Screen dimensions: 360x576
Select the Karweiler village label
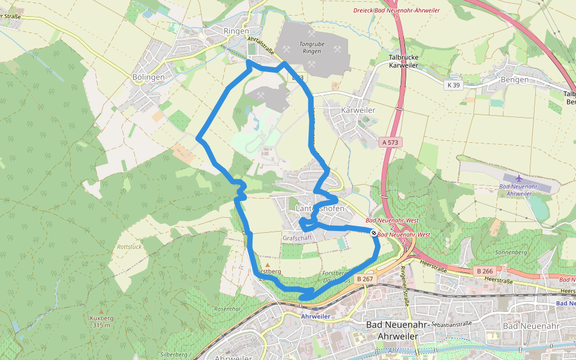358,110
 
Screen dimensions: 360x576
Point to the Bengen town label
515,80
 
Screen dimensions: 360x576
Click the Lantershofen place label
320,208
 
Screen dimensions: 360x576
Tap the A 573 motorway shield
391,142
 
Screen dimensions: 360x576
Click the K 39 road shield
454,85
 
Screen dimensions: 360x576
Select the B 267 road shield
365,278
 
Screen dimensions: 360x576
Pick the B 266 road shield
485,271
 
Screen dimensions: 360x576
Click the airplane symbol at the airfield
518,178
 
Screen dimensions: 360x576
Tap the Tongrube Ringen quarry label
312,47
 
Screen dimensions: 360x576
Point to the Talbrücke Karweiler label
403,61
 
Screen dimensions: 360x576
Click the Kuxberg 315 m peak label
101,322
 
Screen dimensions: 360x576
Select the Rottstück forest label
129,247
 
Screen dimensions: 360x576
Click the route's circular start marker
374,233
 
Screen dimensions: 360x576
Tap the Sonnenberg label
512,253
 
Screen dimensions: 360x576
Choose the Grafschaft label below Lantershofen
298,238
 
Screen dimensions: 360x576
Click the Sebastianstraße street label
448,323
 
